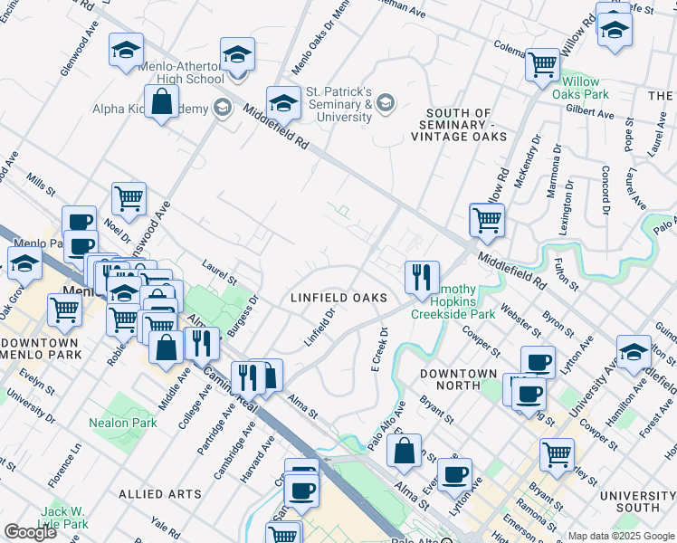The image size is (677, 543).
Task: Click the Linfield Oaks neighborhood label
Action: click(338, 298)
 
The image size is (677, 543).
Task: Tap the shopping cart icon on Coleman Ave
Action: click(542, 64)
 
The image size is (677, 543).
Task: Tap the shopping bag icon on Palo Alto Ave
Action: click(404, 451)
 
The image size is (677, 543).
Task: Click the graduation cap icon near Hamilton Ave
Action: click(634, 351)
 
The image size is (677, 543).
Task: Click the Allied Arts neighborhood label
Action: click(159, 494)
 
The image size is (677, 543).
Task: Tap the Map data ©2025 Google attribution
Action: click(621, 536)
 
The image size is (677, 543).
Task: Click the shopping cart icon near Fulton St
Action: click(487, 220)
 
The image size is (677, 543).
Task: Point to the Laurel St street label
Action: click(220, 271)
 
